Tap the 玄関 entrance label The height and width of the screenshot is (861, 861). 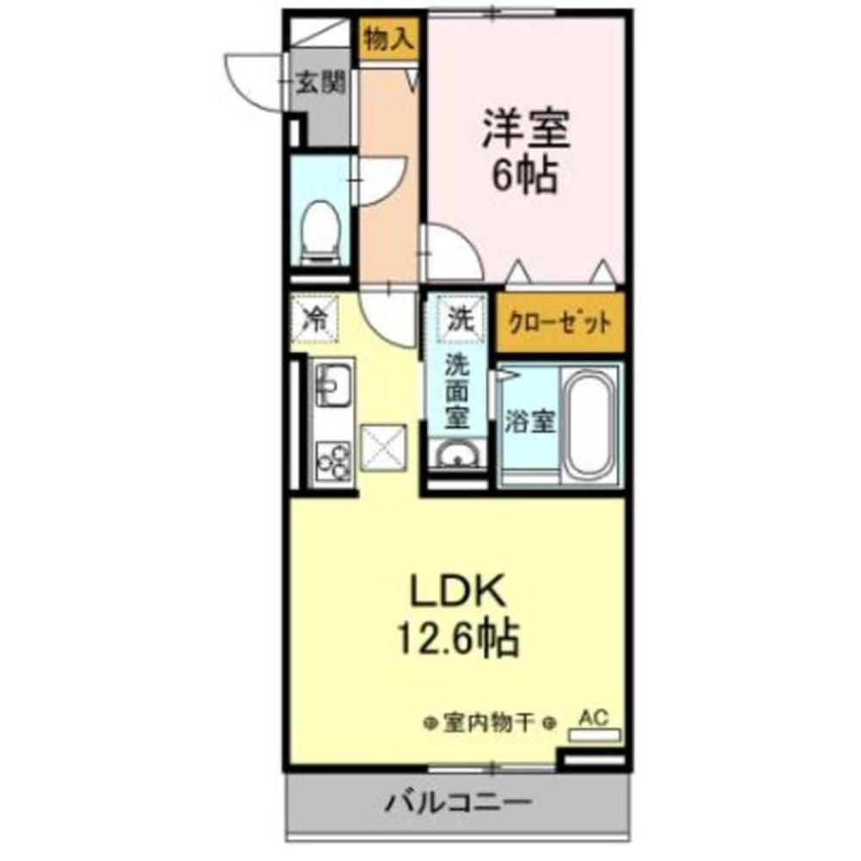(322, 84)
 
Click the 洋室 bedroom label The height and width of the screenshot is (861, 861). (524, 129)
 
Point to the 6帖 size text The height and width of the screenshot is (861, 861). (524, 177)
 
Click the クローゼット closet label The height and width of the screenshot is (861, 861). (559, 325)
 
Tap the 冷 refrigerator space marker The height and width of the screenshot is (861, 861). (316, 320)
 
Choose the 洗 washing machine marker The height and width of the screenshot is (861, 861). (458, 319)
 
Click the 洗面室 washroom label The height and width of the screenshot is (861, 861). (456, 392)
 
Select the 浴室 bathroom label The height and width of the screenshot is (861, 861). (529, 422)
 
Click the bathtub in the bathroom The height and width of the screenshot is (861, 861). (591, 423)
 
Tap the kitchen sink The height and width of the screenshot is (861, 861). (332, 383)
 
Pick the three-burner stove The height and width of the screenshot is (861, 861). (332, 460)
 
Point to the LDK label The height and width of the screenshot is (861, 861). (457, 592)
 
